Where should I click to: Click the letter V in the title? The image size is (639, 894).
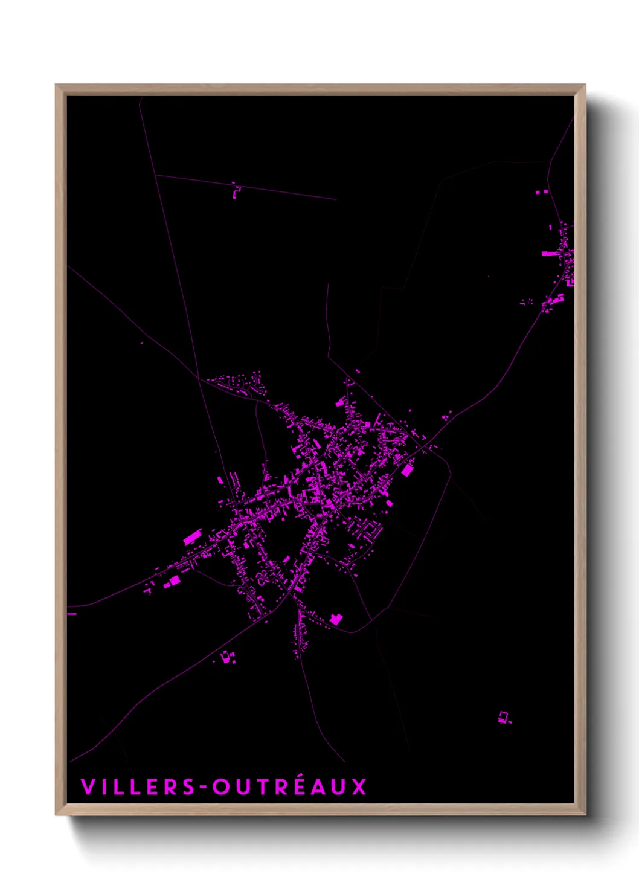(x=88, y=786)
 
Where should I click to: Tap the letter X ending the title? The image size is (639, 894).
(x=359, y=786)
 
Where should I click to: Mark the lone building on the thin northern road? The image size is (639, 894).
(x=236, y=191)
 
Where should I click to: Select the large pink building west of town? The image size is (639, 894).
(x=191, y=536)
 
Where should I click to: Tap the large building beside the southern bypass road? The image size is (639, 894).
(x=336, y=619)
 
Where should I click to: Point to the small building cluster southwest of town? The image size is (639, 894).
(x=228, y=657)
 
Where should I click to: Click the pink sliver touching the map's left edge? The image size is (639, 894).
(x=72, y=614)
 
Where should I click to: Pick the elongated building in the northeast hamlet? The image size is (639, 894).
(x=550, y=253)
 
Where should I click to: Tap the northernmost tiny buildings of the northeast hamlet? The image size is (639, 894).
(x=541, y=191)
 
